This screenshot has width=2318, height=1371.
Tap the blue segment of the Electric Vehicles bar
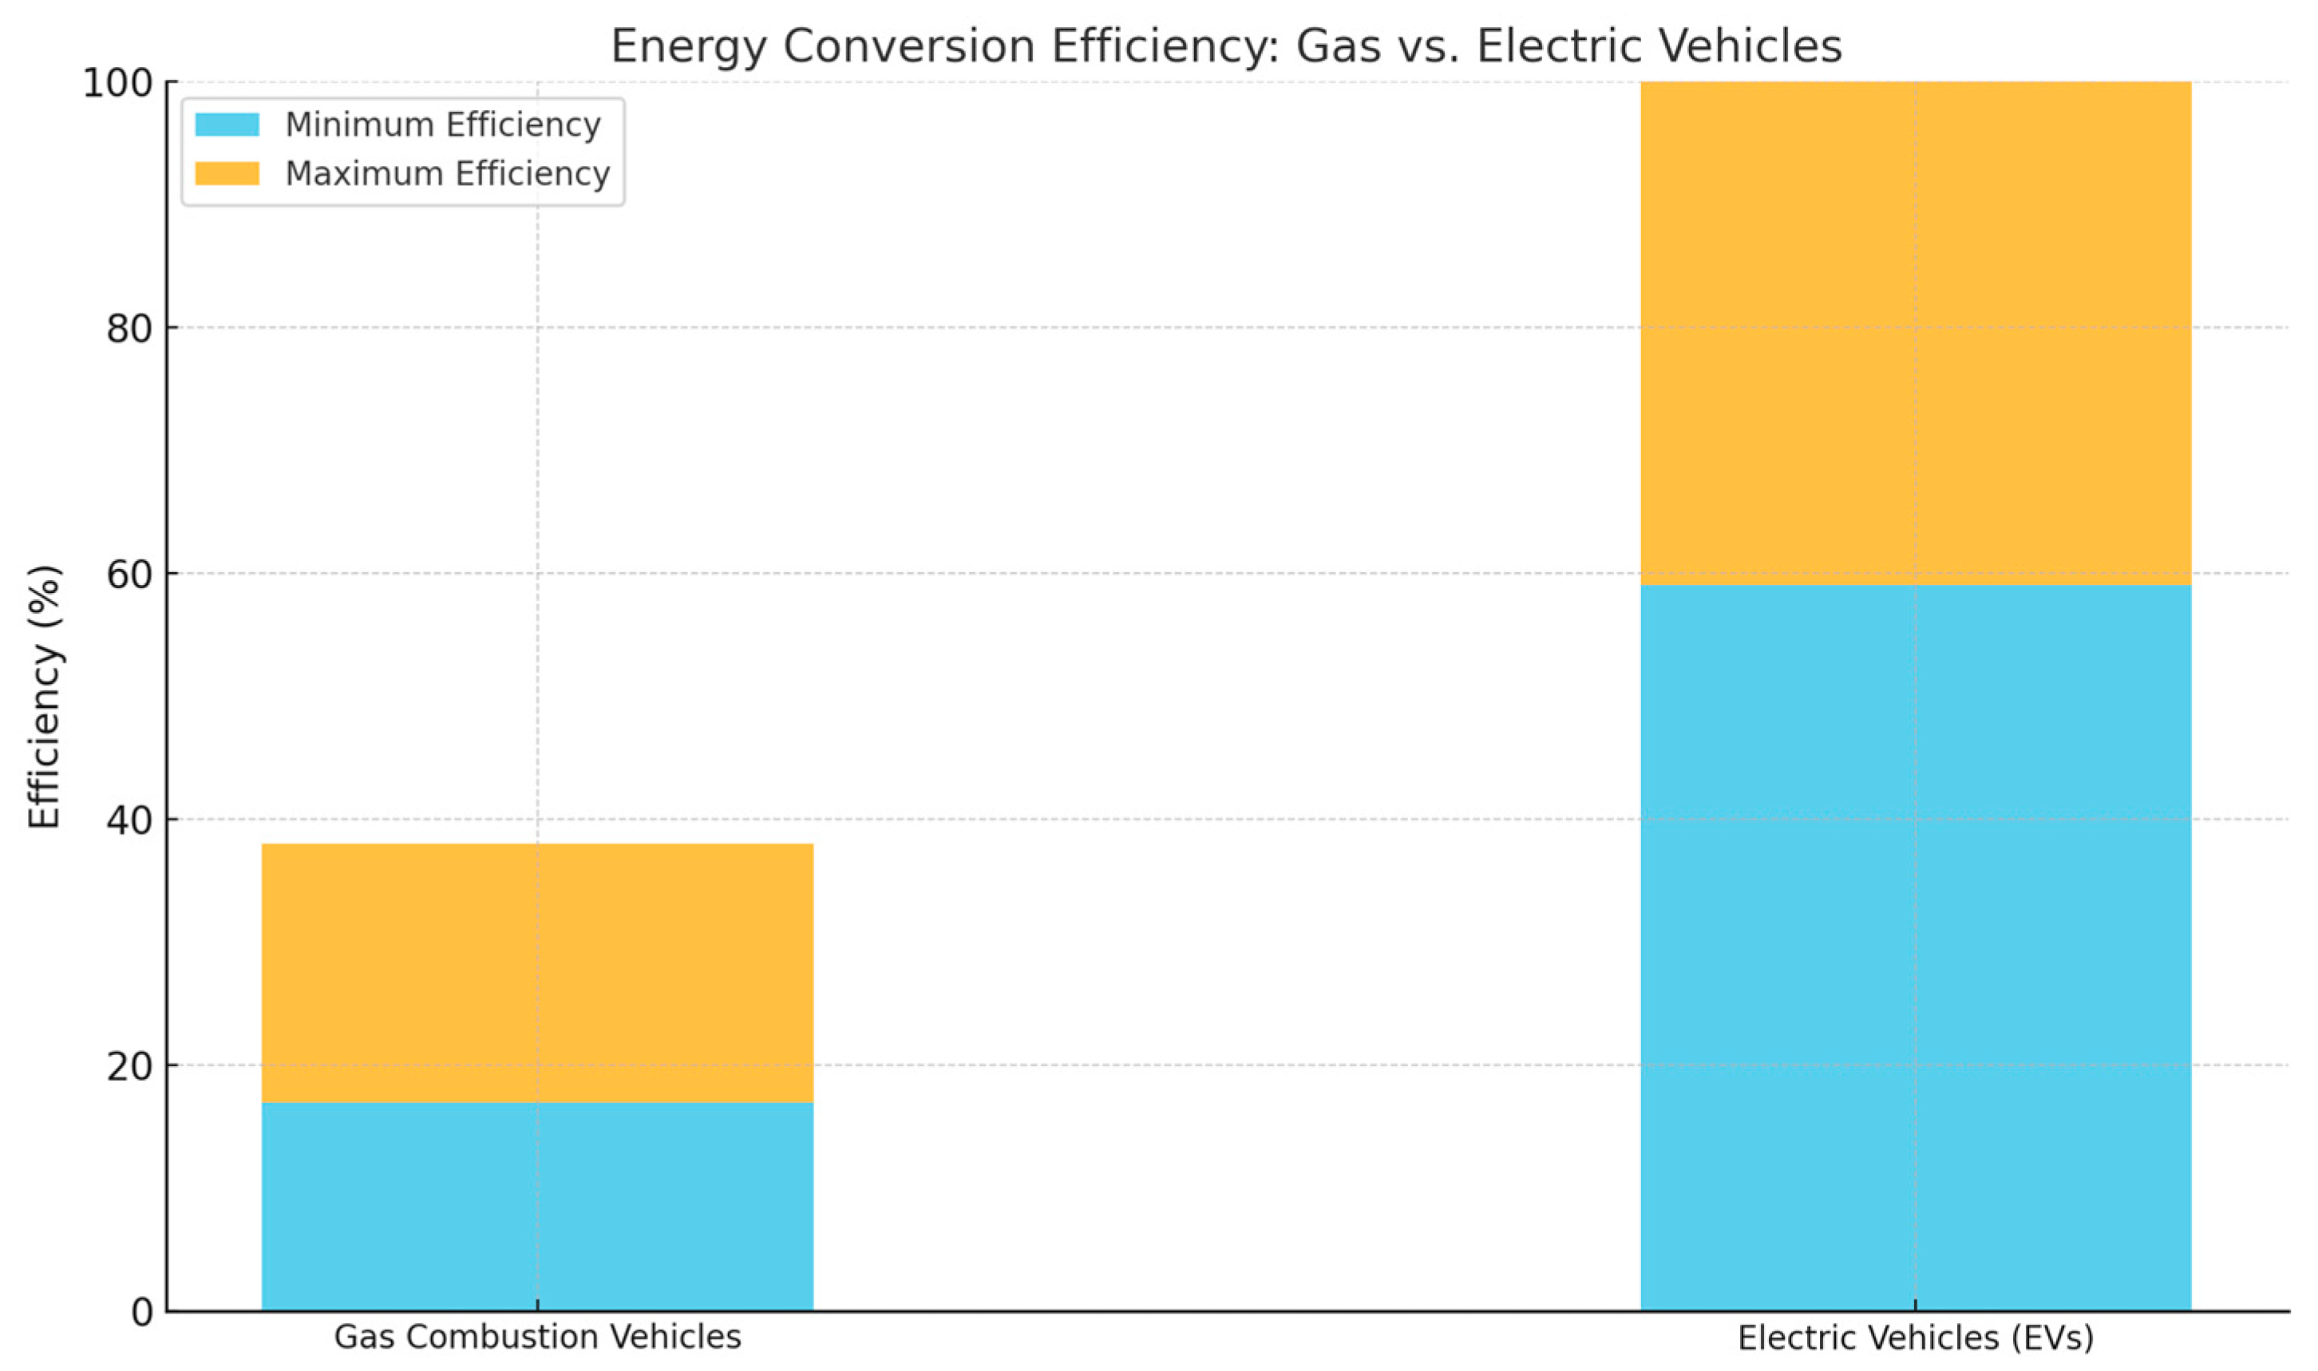click(x=1914, y=947)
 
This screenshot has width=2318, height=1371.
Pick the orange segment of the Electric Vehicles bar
click(x=1914, y=333)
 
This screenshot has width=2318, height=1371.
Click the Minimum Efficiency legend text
click(x=442, y=124)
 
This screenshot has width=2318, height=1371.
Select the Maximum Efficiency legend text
click(x=447, y=174)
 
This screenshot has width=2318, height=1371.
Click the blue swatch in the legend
click(x=227, y=124)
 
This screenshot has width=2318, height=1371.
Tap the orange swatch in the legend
click(x=227, y=174)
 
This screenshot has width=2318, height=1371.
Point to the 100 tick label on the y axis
click(x=117, y=83)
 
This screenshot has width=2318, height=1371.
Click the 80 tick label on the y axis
click(x=129, y=329)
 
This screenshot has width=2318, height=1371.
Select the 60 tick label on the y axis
click(x=129, y=575)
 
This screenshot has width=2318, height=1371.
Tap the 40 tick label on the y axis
click(x=129, y=820)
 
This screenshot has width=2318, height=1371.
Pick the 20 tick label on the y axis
click(x=129, y=1066)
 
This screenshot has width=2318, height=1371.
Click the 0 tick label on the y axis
click(x=141, y=1312)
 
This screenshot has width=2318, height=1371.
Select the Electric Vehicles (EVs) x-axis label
click(x=1914, y=1337)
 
